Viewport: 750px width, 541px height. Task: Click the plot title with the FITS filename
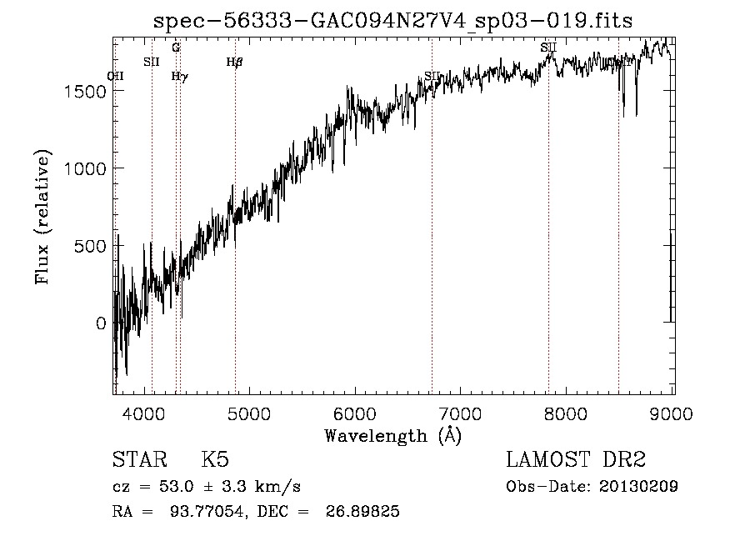pos(393,22)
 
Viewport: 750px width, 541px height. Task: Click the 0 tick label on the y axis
pos(102,323)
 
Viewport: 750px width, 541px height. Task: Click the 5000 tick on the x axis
pos(250,413)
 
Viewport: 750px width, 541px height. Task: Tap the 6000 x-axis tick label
pos(356,413)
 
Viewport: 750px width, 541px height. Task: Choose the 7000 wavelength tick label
pos(461,413)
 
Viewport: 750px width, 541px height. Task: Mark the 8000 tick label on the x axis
pos(567,413)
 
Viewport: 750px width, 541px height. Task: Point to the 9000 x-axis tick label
pos(672,413)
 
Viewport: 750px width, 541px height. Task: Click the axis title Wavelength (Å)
pos(392,435)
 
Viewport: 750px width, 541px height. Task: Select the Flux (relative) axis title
pos(42,217)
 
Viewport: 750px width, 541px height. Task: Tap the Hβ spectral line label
pos(234,62)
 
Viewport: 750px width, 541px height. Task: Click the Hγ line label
pos(179,76)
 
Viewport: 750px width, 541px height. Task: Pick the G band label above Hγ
pos(176,48)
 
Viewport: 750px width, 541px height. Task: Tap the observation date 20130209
pos(637,487)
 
